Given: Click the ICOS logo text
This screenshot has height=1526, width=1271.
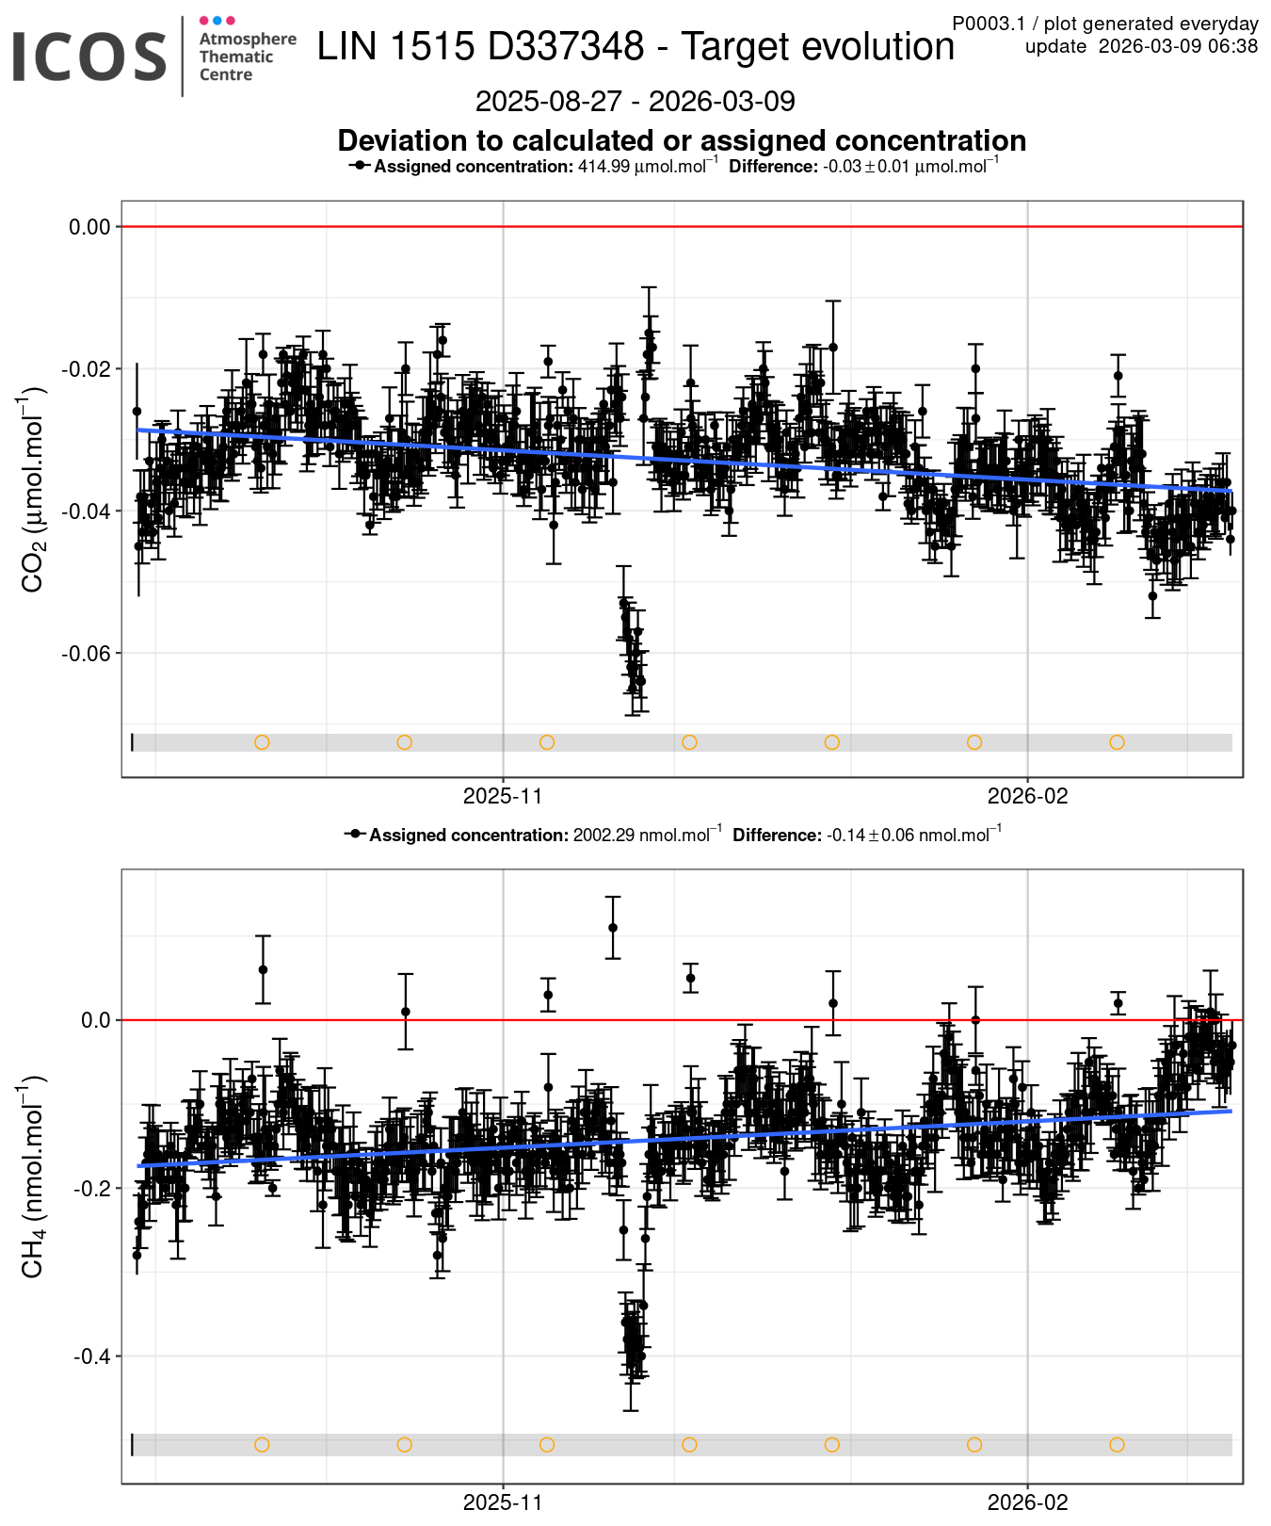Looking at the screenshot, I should coord(89,57).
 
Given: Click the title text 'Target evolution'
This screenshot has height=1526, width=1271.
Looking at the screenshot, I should coord(817,46).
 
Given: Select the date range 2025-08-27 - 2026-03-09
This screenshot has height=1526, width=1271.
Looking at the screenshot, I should coord(635,101).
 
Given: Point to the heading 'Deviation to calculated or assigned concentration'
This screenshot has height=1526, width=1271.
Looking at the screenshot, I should coord(682,140).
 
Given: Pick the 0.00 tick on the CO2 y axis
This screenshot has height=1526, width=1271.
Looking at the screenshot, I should coord(89,227).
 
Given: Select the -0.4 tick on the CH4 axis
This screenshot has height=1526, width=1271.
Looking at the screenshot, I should coord(92,1356).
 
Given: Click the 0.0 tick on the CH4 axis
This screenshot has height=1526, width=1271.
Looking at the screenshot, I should coord(96,1020).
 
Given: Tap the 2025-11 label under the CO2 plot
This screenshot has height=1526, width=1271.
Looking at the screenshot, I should coord(503,796).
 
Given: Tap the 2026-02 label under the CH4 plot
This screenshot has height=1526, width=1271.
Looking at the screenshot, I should coord(1027,1502).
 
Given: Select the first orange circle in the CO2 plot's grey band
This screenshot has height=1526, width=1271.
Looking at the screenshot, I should coord(262,742).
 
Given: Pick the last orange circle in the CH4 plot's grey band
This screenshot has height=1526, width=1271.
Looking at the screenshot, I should coord(1117,1445).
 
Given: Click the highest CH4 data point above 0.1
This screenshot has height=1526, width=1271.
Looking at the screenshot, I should coord(613,928).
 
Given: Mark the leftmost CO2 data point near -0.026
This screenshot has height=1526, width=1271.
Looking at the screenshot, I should coord(137,412).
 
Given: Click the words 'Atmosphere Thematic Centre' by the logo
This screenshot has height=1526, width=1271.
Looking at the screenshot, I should coord(247,57).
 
